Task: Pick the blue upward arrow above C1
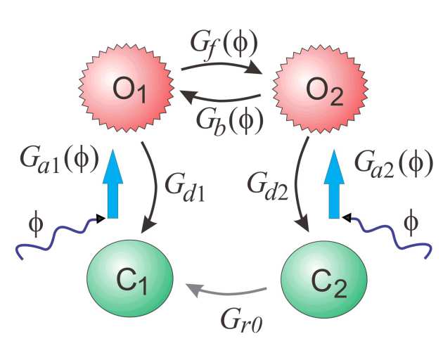pos(111,188)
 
